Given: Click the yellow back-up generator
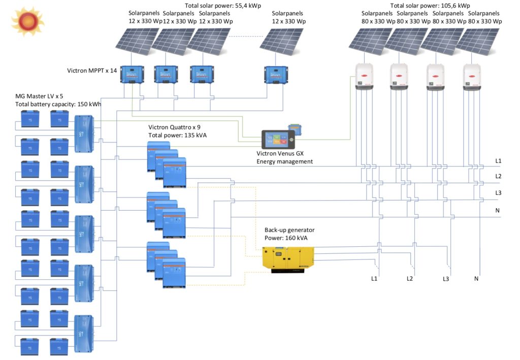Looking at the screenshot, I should [x=288, y=258].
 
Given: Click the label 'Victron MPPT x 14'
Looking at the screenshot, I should [x=92, y=70].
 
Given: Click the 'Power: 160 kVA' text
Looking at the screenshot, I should [x=286, y=237].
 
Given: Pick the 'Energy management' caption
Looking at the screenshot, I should [x=284, y=161].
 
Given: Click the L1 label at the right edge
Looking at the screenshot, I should [x=498, y=161].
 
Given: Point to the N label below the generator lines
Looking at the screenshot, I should [x=476, y=278].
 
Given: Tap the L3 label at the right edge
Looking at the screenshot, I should [x=498, y=193].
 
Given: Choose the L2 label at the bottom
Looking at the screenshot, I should [x=410, y=278].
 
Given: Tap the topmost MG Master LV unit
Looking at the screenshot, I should [x=84, y=133].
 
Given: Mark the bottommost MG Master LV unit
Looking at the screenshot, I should [x=84, y=333].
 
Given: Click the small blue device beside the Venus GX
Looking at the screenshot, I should [x=294, y=129].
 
